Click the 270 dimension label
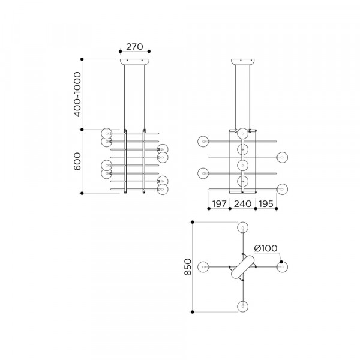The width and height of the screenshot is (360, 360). coord(134,47)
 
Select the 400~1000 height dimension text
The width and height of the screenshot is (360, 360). coord(77,94)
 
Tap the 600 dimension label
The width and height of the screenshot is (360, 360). coord(77,161)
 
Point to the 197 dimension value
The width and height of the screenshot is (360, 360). coord(219,203)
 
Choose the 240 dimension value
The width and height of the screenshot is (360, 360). coord(242,203)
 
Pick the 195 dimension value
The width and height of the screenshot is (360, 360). coord(266,203)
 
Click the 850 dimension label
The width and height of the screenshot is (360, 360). coord(188,267)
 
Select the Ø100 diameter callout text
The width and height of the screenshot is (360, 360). coord(266,248)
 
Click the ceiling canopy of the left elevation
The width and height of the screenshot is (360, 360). coord(134,62)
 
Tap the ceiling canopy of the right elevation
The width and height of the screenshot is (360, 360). coord(242,62)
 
